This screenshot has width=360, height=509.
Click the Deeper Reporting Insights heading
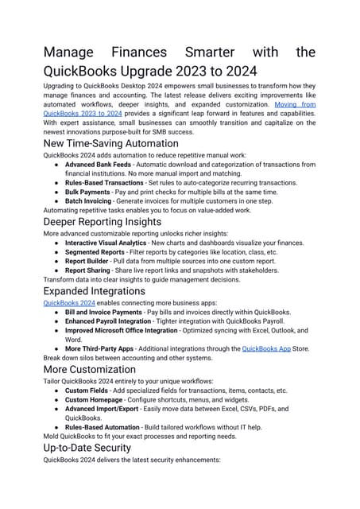[x=103, y=221]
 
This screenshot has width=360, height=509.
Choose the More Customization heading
[x=89, y=369]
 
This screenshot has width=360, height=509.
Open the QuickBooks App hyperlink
[x=268, y=348]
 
